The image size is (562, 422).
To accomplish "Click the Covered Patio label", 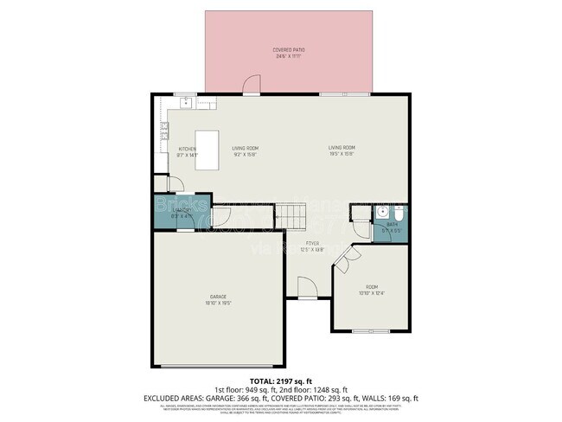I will pos(289,50).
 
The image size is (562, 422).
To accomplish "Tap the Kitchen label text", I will pos(188,149).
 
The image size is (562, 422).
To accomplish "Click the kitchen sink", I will pos(186,101).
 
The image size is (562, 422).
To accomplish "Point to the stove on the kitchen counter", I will pos(163,133).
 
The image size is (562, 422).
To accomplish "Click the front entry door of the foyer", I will pos(306,287).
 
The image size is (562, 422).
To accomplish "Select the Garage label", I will pos(217,297).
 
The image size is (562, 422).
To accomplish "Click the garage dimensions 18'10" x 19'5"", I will pos(217,304).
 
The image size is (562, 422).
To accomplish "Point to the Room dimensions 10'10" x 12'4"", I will pos(371,294).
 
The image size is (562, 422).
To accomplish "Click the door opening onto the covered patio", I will pos(251,86).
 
